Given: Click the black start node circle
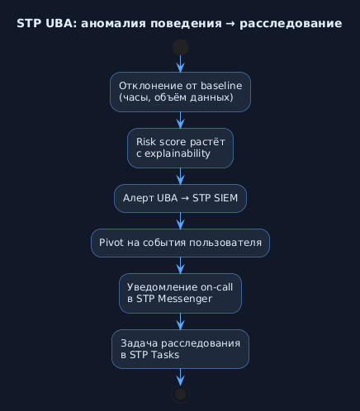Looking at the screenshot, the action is click(180, 47).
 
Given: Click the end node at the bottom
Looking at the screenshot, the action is click(180, 394).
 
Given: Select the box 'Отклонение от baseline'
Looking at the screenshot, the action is click(180, 92).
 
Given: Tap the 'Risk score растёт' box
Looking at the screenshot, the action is click(180, 148).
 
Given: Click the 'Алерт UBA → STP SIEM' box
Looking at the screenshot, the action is click(180, 198).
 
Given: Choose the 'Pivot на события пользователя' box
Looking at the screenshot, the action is click(180, 243).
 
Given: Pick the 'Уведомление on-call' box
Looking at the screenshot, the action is click(180, 293).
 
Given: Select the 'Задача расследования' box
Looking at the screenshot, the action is click(180, 349).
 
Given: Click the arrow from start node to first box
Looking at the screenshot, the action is click(180, 64).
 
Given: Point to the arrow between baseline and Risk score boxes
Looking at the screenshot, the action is click(180, 120).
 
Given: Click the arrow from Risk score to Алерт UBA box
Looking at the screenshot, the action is click(180, 177).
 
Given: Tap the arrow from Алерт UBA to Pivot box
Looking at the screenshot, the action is click(180, 221).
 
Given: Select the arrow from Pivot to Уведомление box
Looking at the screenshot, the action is click(180, 266).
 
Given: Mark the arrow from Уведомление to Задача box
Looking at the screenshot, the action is click(180, 322).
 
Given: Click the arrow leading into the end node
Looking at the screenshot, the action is click(180, 377).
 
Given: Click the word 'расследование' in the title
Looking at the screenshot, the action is click(291, 24).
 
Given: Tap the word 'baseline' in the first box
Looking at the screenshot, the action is click(221, 86).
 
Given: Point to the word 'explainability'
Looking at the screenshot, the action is click(178, 154).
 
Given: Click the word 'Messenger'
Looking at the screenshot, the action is click(185, 299).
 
